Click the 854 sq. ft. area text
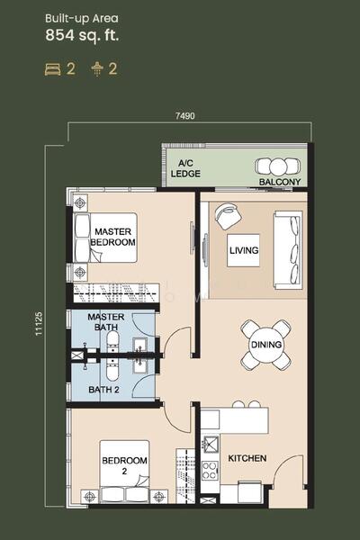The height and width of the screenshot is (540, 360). (82, 35)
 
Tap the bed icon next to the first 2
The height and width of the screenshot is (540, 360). (53, 69)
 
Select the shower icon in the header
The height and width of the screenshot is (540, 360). (97, 69)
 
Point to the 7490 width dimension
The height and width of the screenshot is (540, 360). (185, 116)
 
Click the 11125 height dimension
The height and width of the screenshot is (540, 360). (39, 324)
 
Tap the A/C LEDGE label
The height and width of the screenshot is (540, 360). (185, 168)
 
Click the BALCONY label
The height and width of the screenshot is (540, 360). (280, 182)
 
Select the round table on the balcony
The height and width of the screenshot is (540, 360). (278, 166)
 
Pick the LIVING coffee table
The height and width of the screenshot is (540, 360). (244, 250)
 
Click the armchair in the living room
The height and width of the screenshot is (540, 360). (228, 216)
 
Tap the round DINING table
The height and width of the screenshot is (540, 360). (266, 345)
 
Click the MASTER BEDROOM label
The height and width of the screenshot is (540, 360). (112, 237)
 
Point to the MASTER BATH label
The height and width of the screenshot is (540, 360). (106, 321)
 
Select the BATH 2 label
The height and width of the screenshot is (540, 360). (103, 390)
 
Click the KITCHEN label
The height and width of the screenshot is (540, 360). (247, 458)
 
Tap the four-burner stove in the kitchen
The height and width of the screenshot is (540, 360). (210, 471)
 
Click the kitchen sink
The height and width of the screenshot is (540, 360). (210, 444)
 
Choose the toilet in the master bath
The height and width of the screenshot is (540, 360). (113, 340)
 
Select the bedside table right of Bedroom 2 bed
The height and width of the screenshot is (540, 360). (158, 496)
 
